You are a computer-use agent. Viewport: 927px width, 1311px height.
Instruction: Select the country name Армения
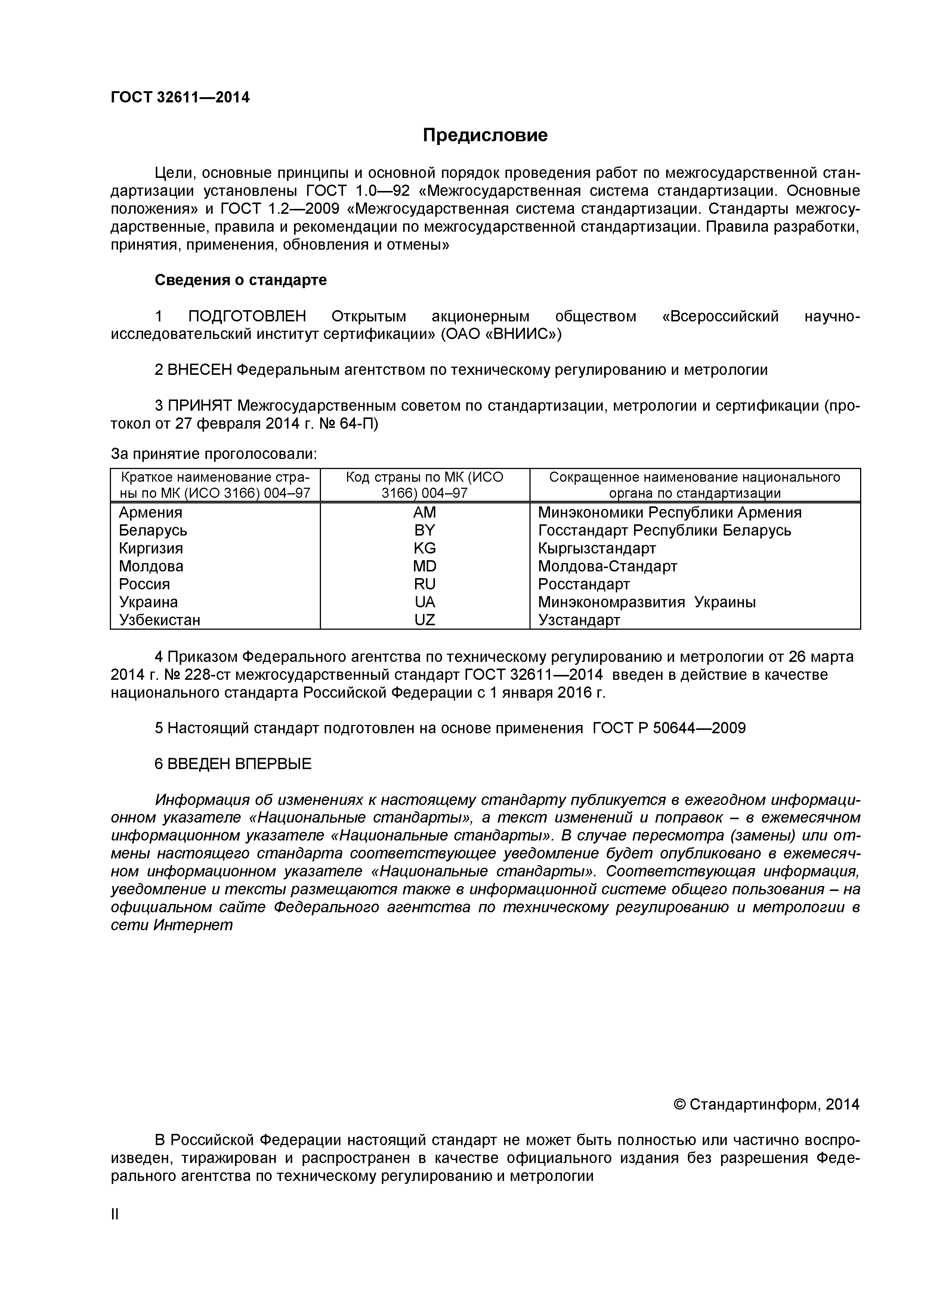coord(150,512)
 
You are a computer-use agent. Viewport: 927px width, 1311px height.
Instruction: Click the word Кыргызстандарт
coord(596,548)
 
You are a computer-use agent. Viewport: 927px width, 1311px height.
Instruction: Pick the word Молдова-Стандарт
coord(607,567)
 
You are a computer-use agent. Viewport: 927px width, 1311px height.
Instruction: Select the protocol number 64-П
coord(359,424)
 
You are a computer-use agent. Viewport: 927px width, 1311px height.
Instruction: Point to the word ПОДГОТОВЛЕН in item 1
coord(247,316)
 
